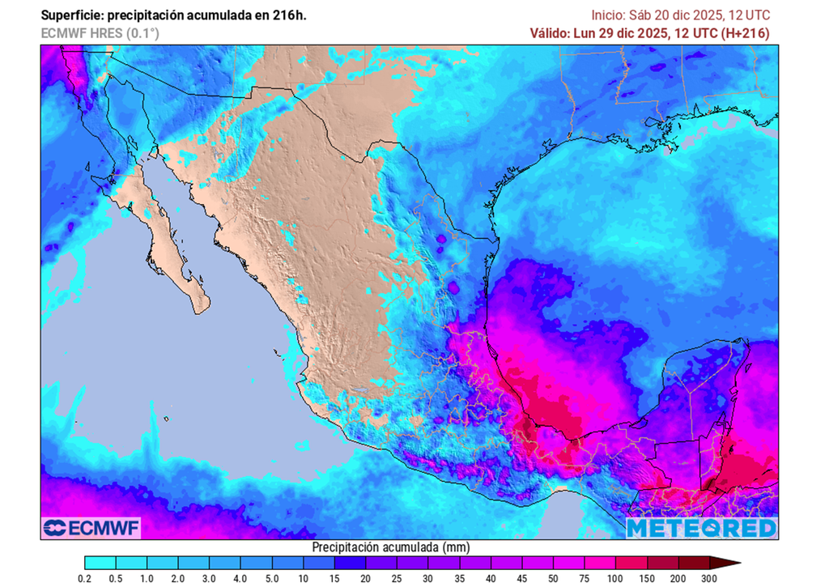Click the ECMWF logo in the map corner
point(91,528)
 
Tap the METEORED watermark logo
point(701,528)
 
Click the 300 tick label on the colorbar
point(709,578)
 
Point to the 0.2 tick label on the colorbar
point(84,578)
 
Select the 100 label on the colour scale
point(615,578)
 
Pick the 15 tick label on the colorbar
point(334,578)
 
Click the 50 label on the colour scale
point(553,578)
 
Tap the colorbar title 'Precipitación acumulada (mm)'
point(390,547)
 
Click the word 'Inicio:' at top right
point(609,15)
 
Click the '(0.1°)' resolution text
point(142,33)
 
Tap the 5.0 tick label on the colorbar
point(272,578)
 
